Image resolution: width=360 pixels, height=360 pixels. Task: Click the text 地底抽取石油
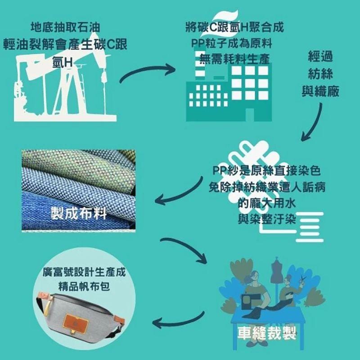[65, 27]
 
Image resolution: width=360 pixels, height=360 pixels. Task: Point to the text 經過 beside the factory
[320, 57]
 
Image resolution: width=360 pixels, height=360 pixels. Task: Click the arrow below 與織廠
[312, 121]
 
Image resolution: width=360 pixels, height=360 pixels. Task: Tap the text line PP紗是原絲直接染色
[266, 171]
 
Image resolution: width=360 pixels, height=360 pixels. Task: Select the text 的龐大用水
[266, 203]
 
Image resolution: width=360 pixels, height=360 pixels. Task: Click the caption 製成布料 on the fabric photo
[79, 213]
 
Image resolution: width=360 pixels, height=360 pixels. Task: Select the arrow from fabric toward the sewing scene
[184, 251]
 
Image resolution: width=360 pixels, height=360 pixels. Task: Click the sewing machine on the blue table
[251, 301]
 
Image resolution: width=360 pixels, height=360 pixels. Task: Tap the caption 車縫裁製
[266, 333]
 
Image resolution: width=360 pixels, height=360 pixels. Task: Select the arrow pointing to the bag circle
[178, 320]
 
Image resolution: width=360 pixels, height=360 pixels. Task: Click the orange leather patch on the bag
[76, 324]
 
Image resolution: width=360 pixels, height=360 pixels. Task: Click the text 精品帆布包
[84, 287]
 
